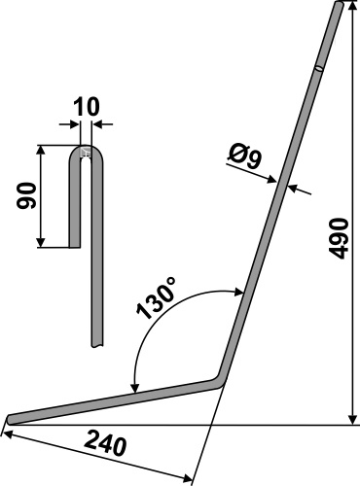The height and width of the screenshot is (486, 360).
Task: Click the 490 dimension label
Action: (x=339, y=238)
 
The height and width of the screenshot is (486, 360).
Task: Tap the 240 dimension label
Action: (x=105, y=447)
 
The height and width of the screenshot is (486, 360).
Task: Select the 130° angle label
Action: (x=157, y=297)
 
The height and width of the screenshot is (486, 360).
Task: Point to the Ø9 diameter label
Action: (x=245, y=157)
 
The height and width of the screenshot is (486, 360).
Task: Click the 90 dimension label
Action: (x=26, y=195)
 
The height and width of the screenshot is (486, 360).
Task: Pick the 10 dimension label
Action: (x=86, y=107)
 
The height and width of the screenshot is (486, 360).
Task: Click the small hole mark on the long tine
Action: (x=319, y=68)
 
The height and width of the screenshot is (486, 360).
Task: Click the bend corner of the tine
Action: (x=220, y=382)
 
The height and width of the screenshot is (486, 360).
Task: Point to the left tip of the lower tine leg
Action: (x=9, y=419)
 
